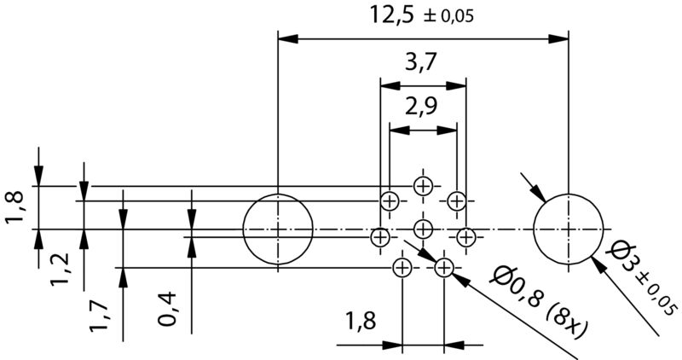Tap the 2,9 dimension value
pyautogui.click(x=422, y=108)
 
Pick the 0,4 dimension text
pyautogui.click(x=168, y=308)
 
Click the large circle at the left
pyautogui.click(x=278, y=229)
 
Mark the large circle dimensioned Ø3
pyautogui.click(x=568, y=229)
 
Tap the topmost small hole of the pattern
pyautogui.click(x=423, y=186)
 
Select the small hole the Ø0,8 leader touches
pyautogui.click(x=443, y=268)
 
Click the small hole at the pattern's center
pyautogui.click(x=423, y=228)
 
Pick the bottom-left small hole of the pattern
pyautogui.click(x=402, y=268)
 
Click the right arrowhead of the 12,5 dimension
pyautogui.click(x=559, y=38)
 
